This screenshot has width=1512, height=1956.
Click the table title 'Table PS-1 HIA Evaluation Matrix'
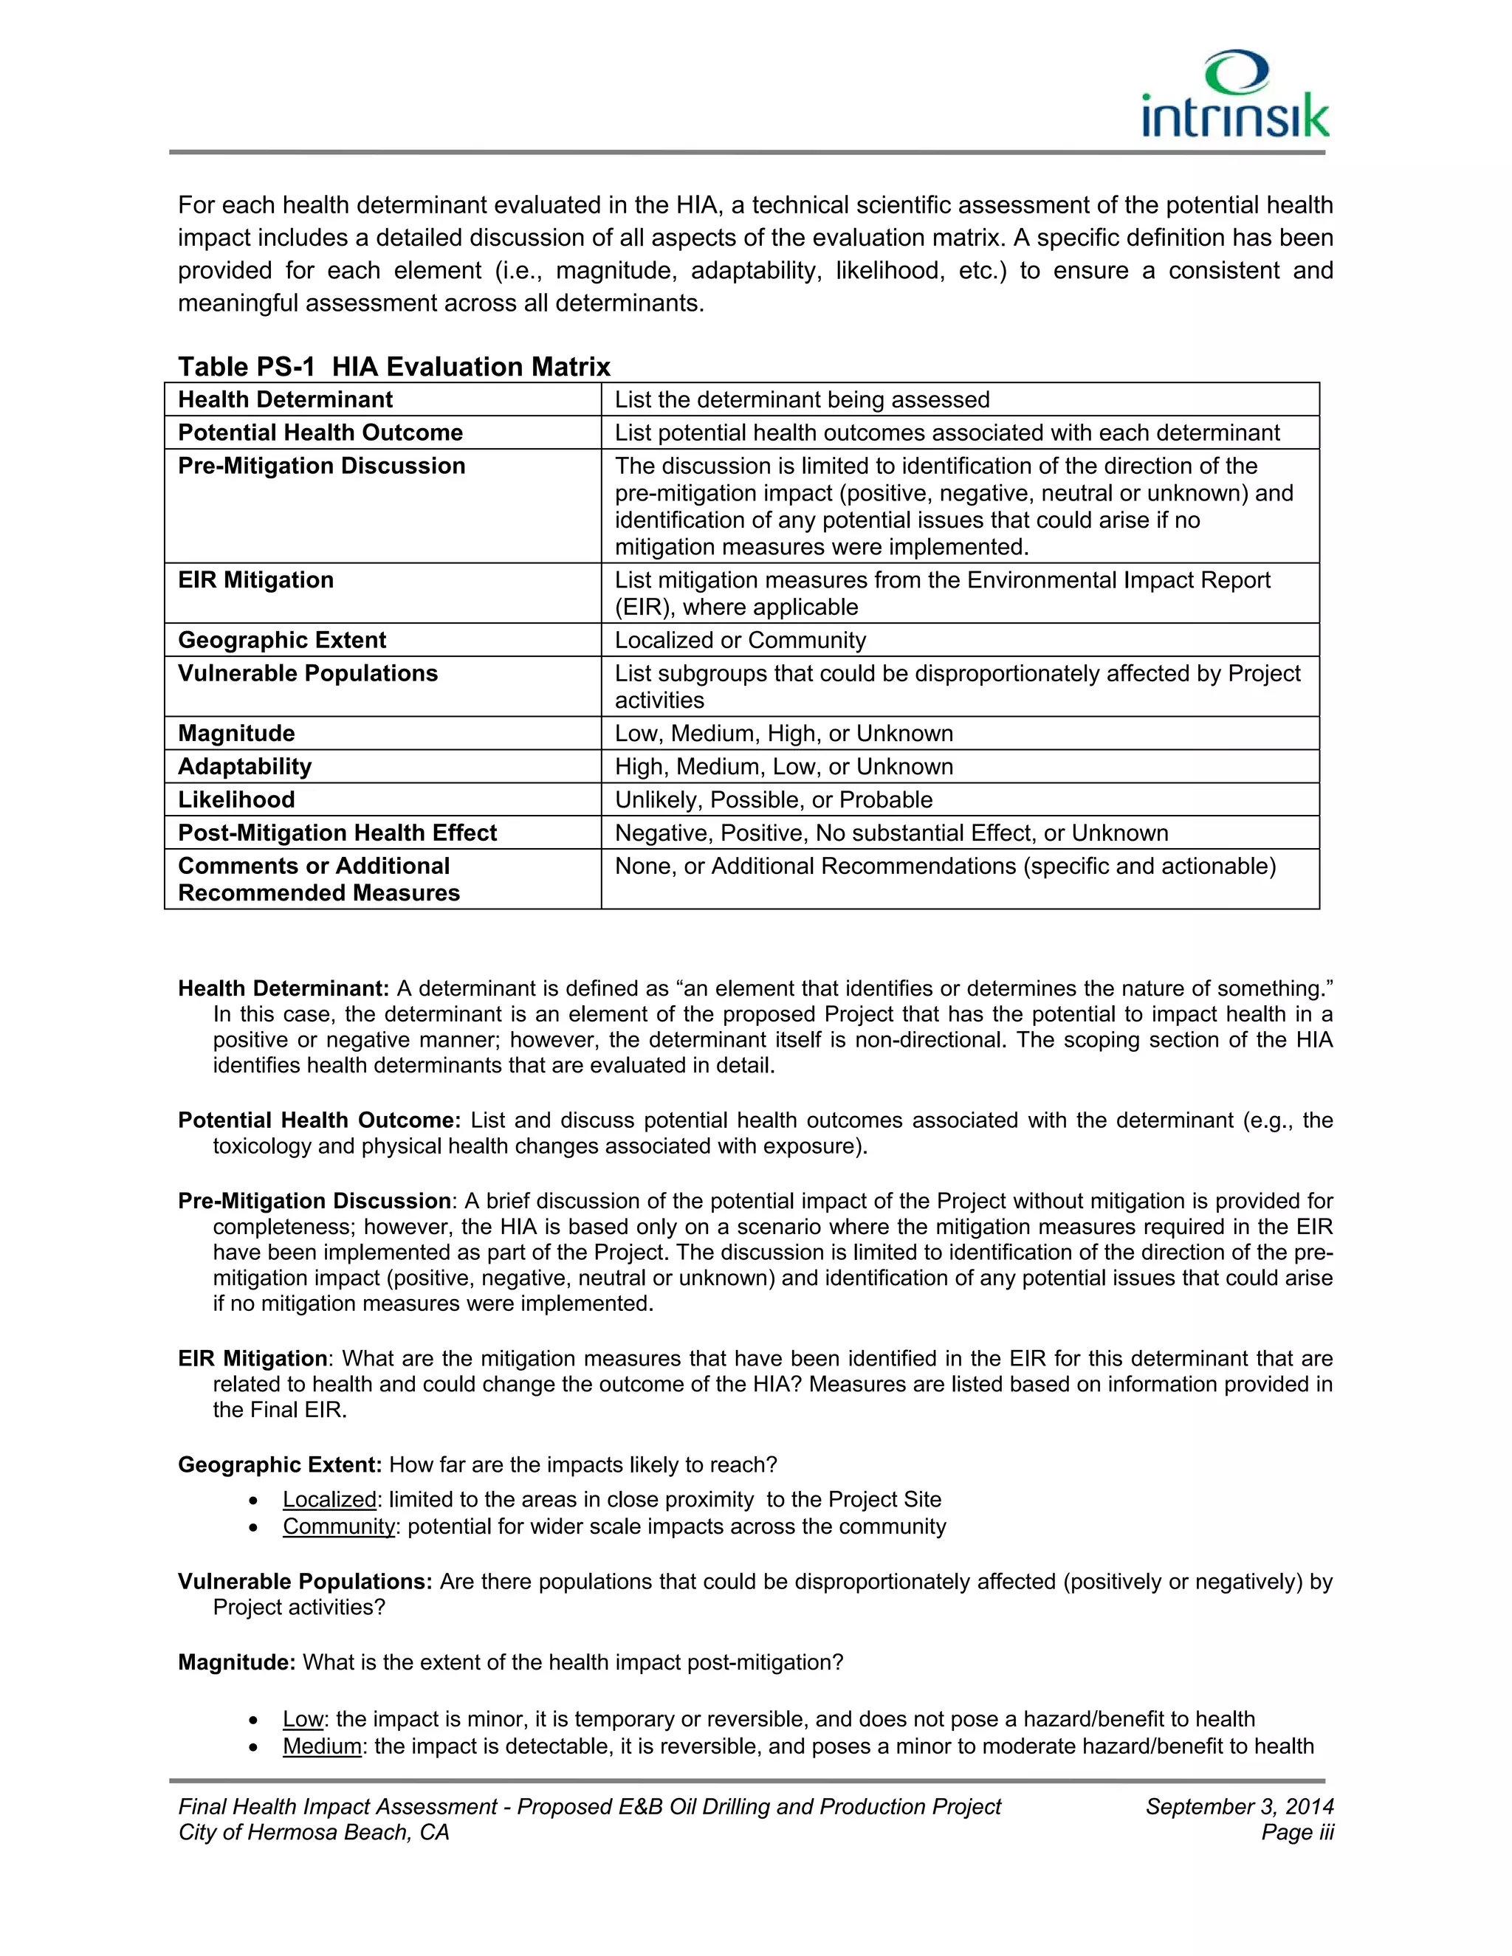[x=394, y=366]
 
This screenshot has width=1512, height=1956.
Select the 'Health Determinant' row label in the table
[x=285, y=399]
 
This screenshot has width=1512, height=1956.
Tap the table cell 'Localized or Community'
[x=740, y=639]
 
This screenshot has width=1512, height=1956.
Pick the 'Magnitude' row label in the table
[x=236, y=733]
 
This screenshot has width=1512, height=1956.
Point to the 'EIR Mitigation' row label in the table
[x=255, y=579]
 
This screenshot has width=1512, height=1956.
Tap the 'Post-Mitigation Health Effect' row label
[x=337, y=832]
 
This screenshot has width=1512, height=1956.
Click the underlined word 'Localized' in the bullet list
[x=329, y=1499]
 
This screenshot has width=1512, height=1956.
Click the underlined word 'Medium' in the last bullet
[x=322, y=1746]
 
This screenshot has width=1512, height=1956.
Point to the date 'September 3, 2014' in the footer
[x=1239, y=1806]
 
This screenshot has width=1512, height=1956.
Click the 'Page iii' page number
[x=1297, y=1833]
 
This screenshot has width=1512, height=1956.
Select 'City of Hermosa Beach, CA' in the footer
[x=314, y=1833]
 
